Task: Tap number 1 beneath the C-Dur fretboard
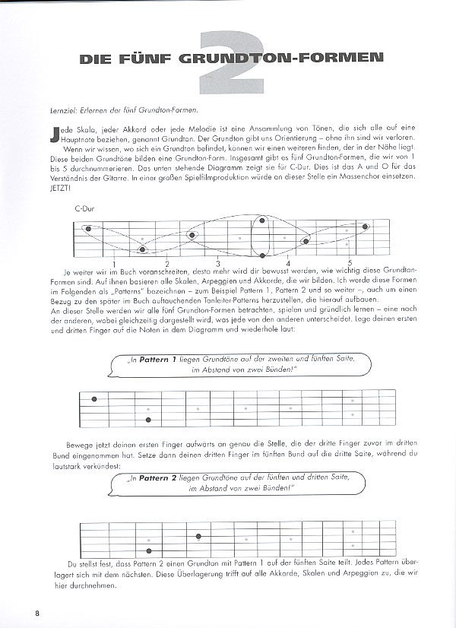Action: (114, 262)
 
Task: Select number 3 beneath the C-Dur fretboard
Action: (217, 262)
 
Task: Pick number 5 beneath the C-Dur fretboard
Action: (350, 262)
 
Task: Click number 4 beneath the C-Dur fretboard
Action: (288, 262)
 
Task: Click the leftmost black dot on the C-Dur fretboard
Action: (89, 228)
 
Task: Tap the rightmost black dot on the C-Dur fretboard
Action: (366, 226)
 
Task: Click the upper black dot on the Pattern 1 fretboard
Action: (94, 399)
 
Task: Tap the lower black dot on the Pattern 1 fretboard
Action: (148, 420)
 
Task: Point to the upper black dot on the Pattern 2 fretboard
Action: (198, 536)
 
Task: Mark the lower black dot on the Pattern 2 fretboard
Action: (148, 550)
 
